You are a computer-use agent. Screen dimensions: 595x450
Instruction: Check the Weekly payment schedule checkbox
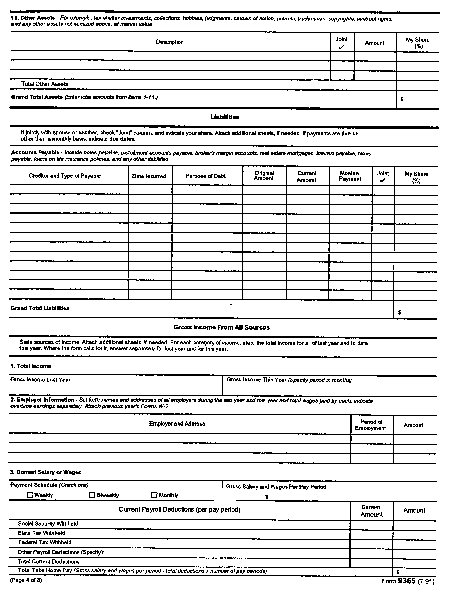30,495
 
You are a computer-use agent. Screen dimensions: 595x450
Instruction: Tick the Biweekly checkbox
92,495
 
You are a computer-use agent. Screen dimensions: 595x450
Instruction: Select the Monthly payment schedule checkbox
154,495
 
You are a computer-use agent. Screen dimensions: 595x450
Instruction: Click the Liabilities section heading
225,117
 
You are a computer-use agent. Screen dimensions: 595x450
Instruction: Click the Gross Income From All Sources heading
222,327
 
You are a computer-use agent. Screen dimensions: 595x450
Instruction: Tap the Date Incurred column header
149,176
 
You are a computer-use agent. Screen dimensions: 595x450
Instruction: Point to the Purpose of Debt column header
205,176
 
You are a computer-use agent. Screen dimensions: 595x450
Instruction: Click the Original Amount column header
264,175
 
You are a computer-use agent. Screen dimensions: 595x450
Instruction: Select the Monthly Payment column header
350,176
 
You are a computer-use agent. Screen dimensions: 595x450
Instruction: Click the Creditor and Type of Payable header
65,176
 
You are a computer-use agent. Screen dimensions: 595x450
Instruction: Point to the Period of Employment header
370,425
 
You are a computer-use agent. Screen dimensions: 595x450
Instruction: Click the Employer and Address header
177,424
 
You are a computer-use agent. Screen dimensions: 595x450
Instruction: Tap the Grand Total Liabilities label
40,308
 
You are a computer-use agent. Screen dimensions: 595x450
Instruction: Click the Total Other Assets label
44,84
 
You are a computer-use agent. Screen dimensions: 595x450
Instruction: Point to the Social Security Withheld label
48,523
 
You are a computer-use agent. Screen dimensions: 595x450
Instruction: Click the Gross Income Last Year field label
40,380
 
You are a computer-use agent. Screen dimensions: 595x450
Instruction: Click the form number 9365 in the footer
407,581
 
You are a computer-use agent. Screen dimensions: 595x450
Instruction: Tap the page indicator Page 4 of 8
26,580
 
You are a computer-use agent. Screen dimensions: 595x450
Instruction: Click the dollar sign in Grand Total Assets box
402,99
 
